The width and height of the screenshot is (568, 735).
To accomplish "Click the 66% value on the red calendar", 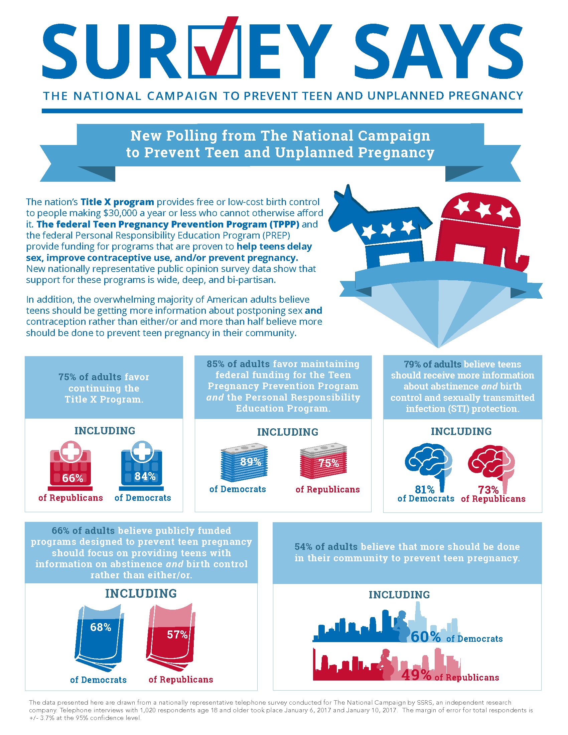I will click(73, 478).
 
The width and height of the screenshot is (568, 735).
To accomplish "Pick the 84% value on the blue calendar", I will click(145, 476).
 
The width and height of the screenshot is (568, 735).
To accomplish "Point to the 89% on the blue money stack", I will click(251, 462).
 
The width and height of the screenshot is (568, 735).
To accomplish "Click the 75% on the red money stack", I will click(329, 463).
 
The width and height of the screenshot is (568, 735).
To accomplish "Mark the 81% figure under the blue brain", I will click(425, 489).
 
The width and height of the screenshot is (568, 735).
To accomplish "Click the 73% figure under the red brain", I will click(488, 490).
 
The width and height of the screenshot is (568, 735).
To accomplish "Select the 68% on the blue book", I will click(101, 627).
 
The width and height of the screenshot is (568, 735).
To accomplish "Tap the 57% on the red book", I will click(177, 634).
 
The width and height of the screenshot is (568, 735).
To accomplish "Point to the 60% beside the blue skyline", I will click(426, 637).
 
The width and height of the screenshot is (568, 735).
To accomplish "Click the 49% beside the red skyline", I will click(416, 675).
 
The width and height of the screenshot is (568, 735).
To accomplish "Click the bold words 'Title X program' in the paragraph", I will click(117, 202).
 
